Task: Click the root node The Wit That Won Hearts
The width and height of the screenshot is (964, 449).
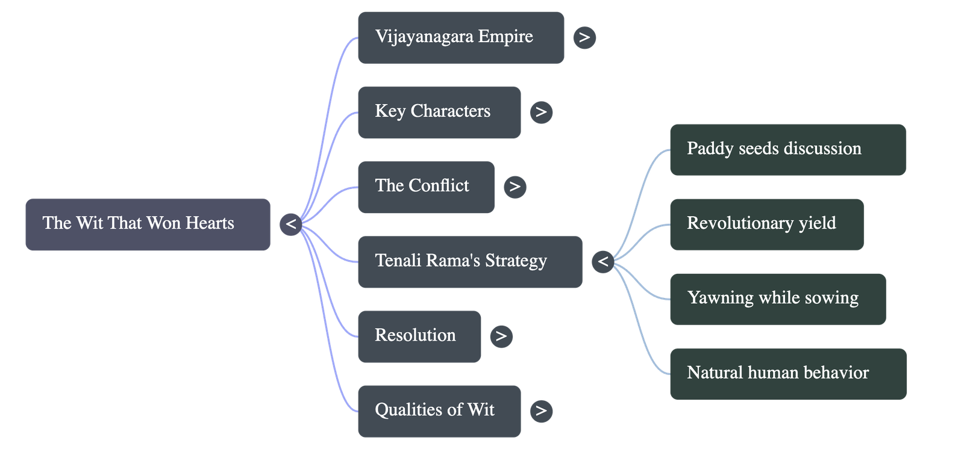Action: click(148, 224)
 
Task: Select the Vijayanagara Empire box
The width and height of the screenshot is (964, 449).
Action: click(460, 37)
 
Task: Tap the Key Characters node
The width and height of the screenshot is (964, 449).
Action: click(439, 112)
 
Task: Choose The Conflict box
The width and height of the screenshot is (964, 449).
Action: click(425, 187)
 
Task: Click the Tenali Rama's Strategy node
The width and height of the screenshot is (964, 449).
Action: click(469, 262)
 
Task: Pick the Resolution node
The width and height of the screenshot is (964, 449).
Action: click(419, 336)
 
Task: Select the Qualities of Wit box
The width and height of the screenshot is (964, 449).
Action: click(439, 410)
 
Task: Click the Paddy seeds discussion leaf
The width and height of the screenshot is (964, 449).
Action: click(787, 149)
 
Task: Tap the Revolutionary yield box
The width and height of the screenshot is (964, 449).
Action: click(766, 224)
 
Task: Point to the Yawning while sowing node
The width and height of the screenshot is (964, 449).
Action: click(777, 299)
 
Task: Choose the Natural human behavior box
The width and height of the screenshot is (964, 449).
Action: click(787, 373)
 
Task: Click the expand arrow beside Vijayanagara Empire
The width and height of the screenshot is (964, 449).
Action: click(584, 37)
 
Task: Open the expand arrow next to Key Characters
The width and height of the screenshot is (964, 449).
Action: click(541, 112)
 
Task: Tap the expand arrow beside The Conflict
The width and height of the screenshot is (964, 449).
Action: click(515, 187)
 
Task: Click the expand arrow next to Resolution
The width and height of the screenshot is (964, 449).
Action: click(501, 336)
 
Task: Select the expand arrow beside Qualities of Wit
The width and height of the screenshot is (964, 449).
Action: click(541, 410)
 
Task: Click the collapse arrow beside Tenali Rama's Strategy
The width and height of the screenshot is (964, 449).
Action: click(603, 262)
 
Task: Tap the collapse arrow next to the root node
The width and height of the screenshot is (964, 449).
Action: click(291, 224)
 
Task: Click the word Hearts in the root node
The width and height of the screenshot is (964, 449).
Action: click(210, 223)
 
